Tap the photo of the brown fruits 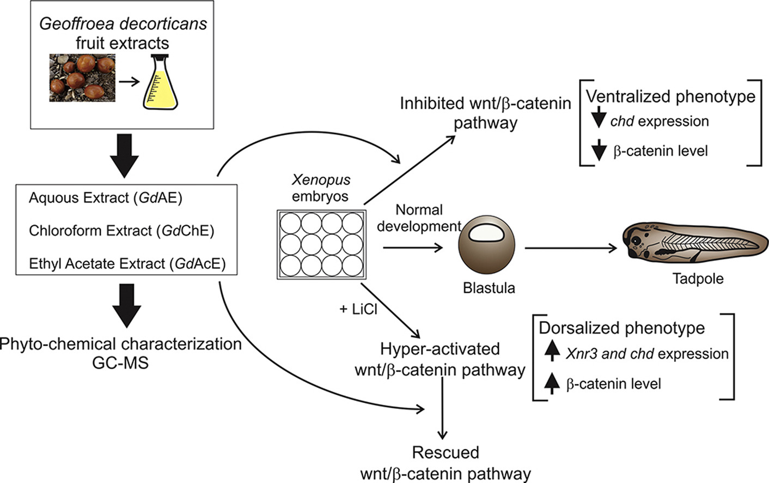(82, 77)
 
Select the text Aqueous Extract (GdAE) (105, 198)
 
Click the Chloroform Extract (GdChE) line (121, 231)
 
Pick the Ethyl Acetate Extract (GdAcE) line (127, 264)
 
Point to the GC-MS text (120, 363)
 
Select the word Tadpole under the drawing (698, 279)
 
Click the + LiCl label (358, 309)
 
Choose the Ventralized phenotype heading (670, 96)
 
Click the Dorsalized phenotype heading (621, 328)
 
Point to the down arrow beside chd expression (599, 118)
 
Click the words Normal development (419, 218)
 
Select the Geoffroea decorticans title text (123, 24)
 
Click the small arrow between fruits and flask (129, 82)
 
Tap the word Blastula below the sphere (489, 288)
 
